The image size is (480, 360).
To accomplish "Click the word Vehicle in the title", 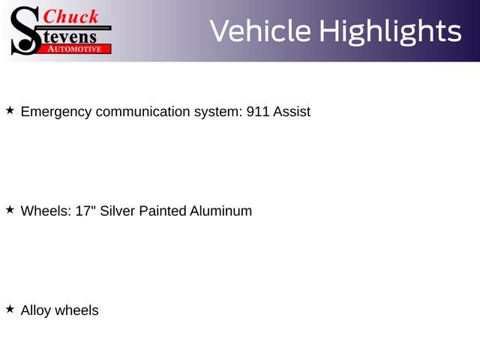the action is click(x=260, y=31).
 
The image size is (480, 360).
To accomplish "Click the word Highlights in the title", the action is click(x=390, y=32).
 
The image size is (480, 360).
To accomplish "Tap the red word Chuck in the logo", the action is click(x=70, y=16).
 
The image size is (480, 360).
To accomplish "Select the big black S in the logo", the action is click(x=25, y=31).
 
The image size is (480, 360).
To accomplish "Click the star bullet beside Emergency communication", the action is click(x=10, y=110).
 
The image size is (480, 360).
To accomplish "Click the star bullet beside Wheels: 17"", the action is click(x=10, y=210).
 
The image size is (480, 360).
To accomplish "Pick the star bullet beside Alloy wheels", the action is click(x=10, y=309).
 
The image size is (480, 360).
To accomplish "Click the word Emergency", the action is click(x=56, y=112).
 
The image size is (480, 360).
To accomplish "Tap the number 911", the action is click(x=258, y=112).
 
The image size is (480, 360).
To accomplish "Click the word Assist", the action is click(x=292, y=112).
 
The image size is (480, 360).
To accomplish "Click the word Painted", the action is click(x=162, y=211).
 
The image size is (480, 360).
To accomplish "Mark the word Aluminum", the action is click(x=220, y=211).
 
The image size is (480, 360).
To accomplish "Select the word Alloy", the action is click(x=36, y=311).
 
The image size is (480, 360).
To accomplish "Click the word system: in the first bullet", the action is click(x=218, y=112).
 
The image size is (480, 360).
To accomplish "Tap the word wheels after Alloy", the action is click(x=76, y=310).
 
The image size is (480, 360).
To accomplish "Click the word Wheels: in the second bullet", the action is click(x=46, y=211).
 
